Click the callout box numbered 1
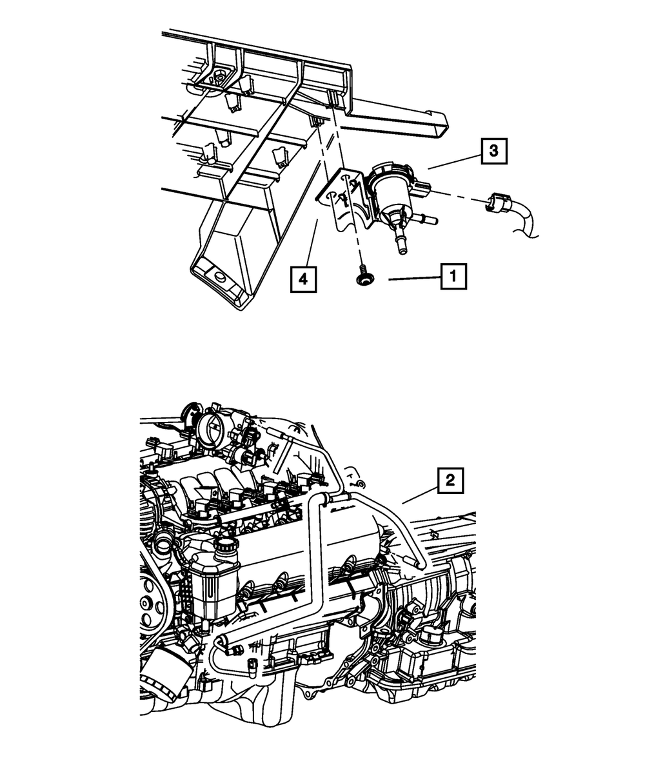[453, 277]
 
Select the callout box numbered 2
[451, 481]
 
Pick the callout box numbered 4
[303, 280]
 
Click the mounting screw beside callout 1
[362, 278]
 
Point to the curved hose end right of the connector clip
[529, 223]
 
